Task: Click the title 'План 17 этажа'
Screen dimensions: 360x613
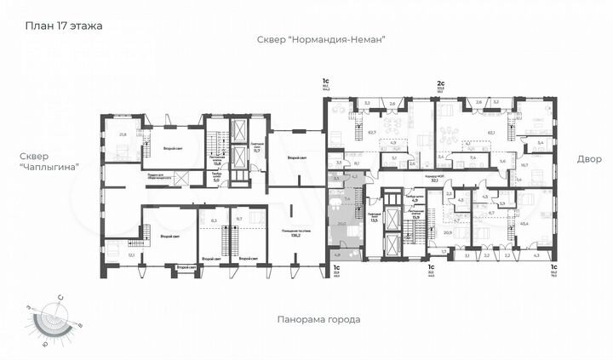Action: [64, 26]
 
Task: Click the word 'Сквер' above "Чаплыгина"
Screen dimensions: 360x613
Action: [41, 157]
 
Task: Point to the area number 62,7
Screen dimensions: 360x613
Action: [372, 132]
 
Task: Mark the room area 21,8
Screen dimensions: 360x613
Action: [123, 134]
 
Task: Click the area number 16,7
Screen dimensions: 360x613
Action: [524, 165]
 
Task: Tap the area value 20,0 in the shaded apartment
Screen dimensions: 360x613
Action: [341, 224]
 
